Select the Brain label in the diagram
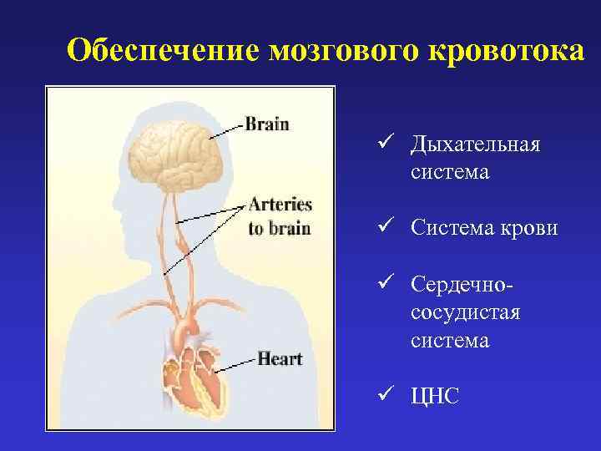266,124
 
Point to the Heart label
280,359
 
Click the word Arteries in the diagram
280,205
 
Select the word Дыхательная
475,145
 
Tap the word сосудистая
465,313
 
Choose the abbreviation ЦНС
435,396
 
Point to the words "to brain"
279,228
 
